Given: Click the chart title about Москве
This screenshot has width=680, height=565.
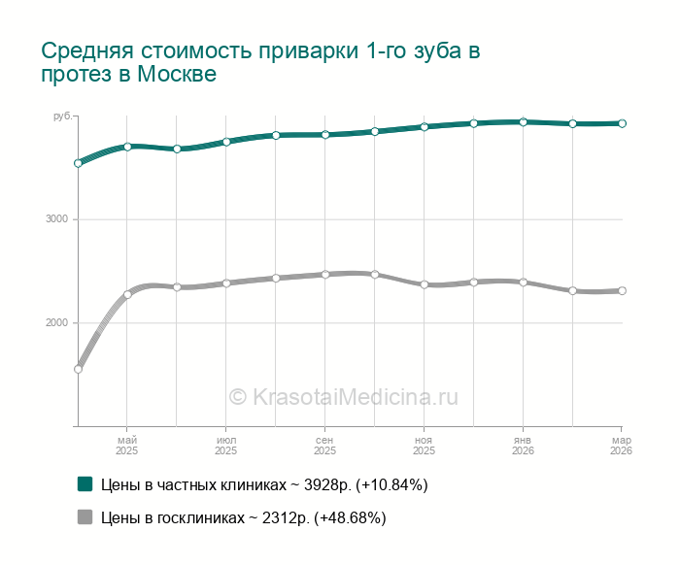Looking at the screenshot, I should point(260,62).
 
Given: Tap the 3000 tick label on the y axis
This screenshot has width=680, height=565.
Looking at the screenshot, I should point(57,219).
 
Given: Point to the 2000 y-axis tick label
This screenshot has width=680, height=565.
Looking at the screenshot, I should point(57,322).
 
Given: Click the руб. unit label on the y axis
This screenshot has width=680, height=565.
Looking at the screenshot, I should point(62,116).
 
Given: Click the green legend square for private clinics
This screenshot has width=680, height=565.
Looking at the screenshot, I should point(85,483).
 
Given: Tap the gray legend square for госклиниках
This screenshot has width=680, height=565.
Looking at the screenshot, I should point(85,517).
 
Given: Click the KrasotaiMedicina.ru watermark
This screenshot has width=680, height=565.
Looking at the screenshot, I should point(343,396).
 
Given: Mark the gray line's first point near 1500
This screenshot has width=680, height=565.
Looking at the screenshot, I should point(78,369).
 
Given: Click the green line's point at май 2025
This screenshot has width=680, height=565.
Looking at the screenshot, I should point(127,147).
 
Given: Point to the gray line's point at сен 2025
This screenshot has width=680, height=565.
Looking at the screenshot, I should point(325,275).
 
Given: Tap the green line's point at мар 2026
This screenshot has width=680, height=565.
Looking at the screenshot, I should point(622,123).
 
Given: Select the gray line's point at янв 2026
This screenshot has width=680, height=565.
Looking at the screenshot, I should point(523,282).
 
